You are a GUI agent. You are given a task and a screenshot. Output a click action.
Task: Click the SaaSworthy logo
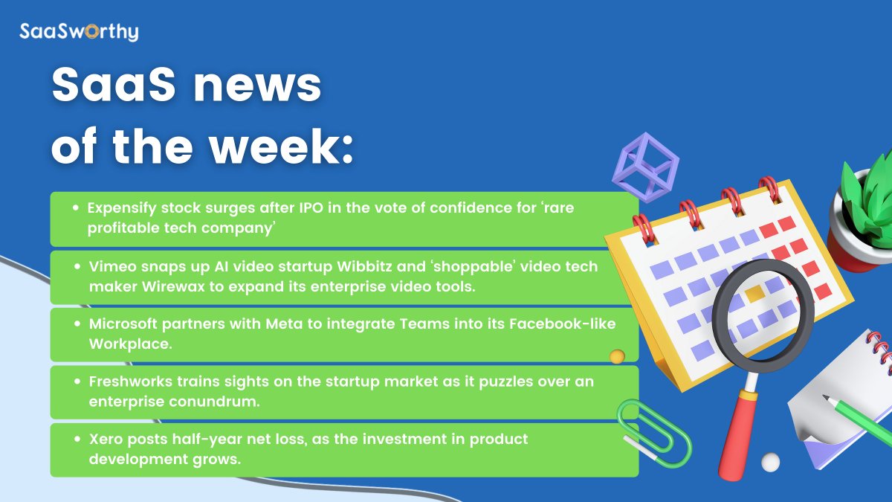click(x=78, y=32)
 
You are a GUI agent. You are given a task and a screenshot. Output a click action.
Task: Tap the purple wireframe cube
click(x=644, y=167)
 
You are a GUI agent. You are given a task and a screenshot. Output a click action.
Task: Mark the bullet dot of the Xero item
click(x=77, y=439)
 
